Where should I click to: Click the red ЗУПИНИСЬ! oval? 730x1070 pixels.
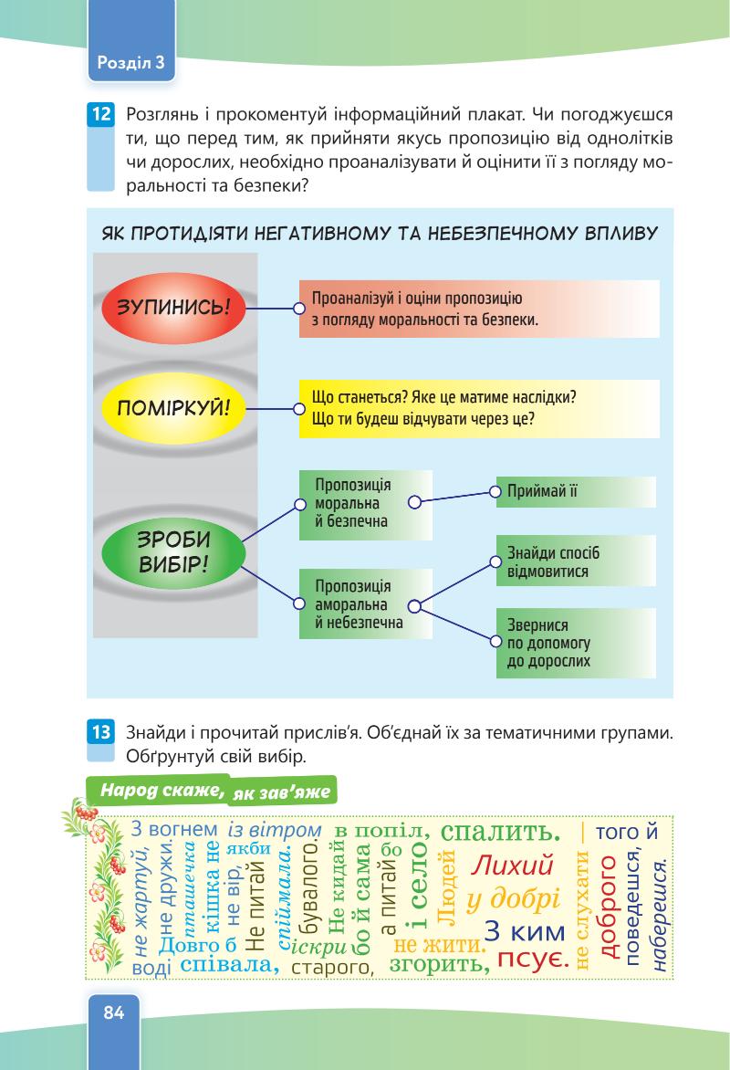pyautogui.click(x=174, y=308)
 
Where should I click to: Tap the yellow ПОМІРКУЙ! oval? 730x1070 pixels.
pyautogui.click(x=173, y=407)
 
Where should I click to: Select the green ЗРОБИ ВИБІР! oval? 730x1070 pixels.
pyautogui.click(x=173, y=551)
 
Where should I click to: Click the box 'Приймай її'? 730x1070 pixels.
pyautogui.click(x=575, y=491)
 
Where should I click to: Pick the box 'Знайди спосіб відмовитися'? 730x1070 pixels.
pyautogui.click(x=575, y=561)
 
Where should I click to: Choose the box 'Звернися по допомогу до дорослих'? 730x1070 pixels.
pyautogui.click(x=575, y=644)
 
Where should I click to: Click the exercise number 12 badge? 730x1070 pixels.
pyautogui.click(x=100, y=115)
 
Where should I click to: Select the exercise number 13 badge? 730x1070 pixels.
pyautogui.click(x=100, y=730)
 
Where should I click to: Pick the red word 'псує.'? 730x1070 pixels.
pyautogui.click(x=535, y=960)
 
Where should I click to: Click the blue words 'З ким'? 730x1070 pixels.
pyautogui.click(x=525, y=931)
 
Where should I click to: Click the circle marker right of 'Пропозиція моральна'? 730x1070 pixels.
pyautogui.click(x=414, y=502)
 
